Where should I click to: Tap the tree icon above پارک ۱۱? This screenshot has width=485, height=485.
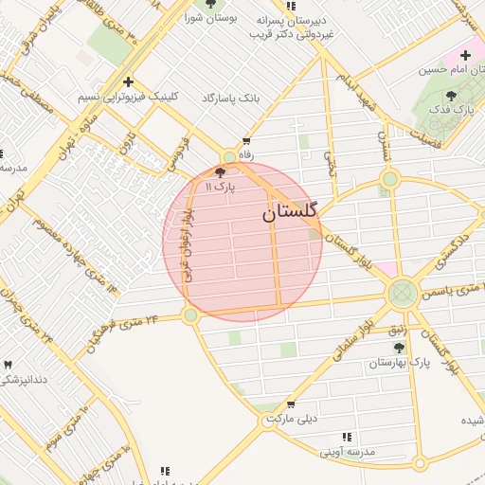(x=221, y=172)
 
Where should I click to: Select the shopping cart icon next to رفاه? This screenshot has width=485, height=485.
(x=246, y=140)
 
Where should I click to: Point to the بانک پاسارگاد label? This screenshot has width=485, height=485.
(x=230, y=99)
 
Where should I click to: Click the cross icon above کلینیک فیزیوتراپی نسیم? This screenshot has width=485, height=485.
(x=128, y=81)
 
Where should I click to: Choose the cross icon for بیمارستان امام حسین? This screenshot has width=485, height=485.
(x=465, y=55)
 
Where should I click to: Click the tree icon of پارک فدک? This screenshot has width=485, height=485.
(x=450, y=95)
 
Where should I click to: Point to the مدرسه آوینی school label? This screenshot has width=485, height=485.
(x=347, y=452)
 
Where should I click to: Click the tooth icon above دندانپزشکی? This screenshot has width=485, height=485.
(x=9, y=365)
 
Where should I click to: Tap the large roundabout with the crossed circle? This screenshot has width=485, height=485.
(x=403, y=291)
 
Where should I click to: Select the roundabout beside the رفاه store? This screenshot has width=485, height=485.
(x=229, y=157)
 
